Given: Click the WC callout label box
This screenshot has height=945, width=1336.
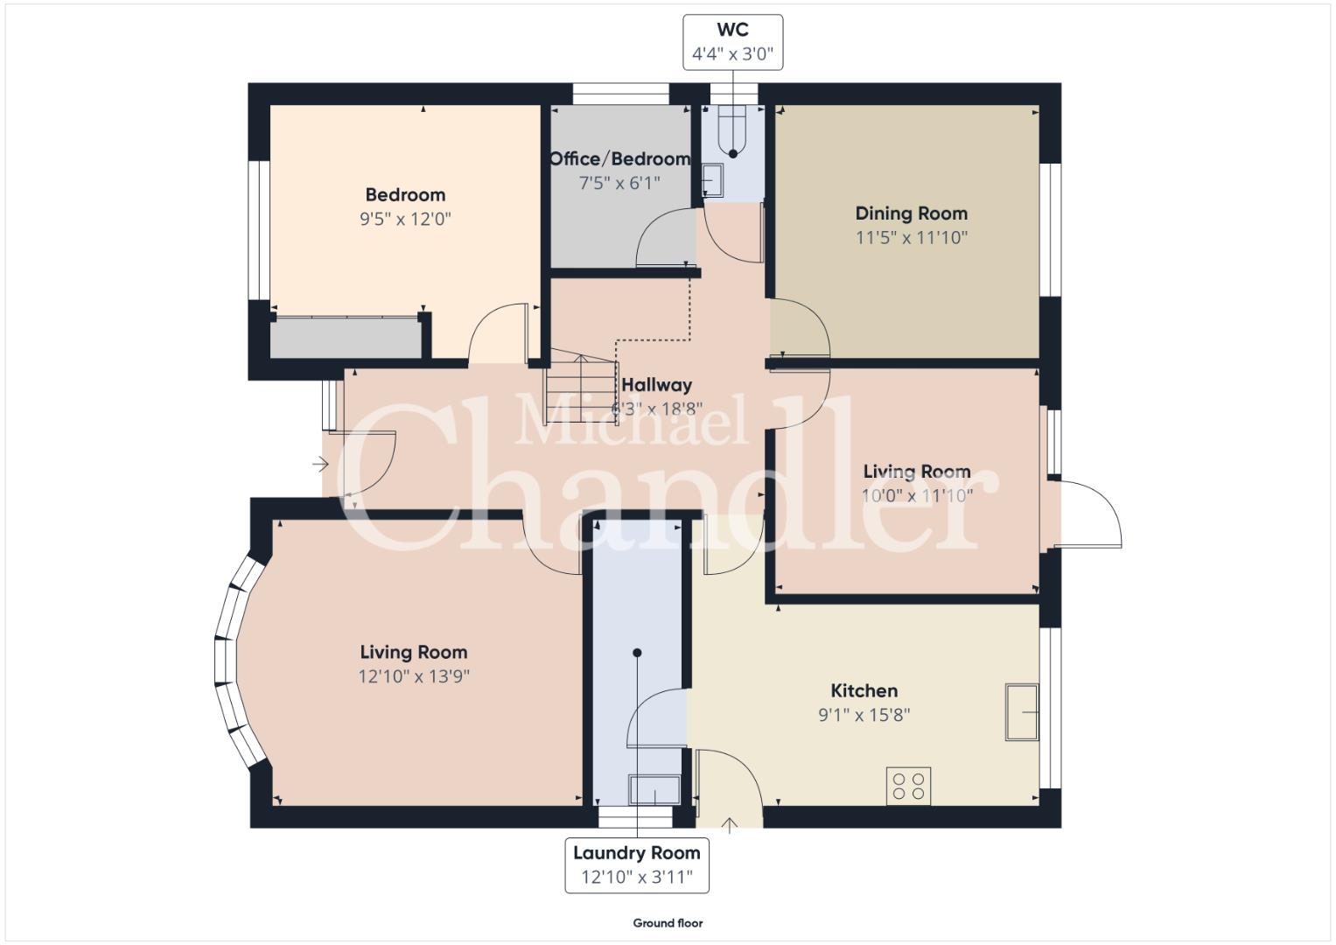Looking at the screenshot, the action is coord(732,42).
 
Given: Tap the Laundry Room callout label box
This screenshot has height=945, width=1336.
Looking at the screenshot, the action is coord(637,865).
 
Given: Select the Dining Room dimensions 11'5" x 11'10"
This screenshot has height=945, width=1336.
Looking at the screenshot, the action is coord(912,238).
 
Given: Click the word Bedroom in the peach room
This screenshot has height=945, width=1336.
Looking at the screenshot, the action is coord(406,195).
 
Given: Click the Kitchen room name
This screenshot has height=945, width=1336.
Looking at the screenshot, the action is coord(864,691).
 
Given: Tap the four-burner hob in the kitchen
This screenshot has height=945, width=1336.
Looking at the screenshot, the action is coord(908,787).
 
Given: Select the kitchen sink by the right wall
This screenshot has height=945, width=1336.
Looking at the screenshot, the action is coord(1022,712).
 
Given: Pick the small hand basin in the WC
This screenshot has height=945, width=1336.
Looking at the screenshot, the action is coord(712,180).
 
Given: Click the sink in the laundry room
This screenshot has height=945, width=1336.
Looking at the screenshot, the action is coord(654,790).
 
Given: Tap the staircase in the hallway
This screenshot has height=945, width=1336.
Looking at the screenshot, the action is coord(582,387).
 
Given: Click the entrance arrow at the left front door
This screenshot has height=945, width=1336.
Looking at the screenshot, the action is coord(320,464).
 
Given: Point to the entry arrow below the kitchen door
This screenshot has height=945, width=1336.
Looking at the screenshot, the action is coord(730,826).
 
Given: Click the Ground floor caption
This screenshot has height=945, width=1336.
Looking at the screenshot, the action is coord(668,923).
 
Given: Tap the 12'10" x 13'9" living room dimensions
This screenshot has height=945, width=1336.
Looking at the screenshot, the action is coord(414,676).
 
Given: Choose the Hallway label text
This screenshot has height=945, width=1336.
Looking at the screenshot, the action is coord(657,385).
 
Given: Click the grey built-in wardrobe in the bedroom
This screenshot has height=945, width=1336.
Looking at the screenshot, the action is coord(346,339).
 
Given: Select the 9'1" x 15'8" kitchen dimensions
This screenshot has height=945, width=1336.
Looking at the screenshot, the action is coord(864,715).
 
